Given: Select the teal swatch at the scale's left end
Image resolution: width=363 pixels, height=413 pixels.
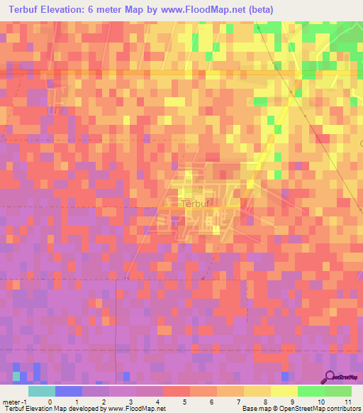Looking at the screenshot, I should pos(41,391).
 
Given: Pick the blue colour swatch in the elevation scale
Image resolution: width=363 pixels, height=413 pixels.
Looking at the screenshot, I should pos(69,391).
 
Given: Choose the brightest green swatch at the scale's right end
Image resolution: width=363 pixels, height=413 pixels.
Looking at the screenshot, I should pos(338,391).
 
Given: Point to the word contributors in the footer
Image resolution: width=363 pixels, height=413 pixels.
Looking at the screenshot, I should pos(342,408).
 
